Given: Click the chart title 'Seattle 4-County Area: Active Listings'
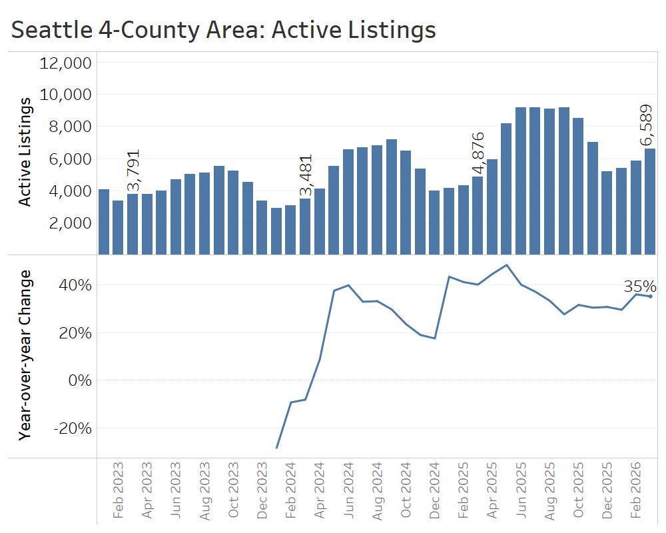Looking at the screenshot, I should point(224,30).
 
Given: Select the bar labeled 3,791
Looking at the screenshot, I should point(133,224).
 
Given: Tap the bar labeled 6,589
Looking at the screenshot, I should point(650,201).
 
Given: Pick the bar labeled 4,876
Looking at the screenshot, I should point(478,215).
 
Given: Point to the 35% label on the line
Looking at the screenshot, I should point(640,287).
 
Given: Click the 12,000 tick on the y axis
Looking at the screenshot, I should point(65,63).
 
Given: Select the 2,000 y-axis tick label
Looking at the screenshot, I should point(71,223).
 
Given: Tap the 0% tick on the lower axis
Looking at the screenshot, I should point(77,380).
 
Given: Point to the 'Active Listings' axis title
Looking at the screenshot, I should point(25,151).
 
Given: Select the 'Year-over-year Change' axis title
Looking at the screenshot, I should point(25,354).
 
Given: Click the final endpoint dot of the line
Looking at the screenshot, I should point(650,296).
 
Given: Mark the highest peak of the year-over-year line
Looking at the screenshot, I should point(507,265).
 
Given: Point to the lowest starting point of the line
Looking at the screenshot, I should point(276,448).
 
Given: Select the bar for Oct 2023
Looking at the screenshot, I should point(233,213).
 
